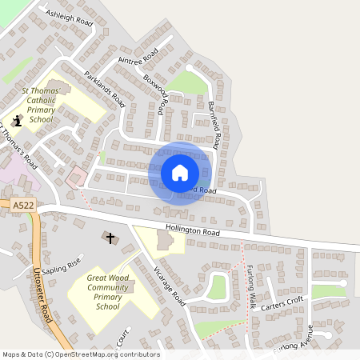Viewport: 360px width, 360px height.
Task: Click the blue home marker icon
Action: point(180,172)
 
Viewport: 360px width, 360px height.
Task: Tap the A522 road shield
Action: point(22,206)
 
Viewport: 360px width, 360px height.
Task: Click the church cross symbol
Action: point(110,238)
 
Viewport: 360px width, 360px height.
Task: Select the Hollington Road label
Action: point(192,230)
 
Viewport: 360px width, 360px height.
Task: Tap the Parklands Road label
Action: point(105,90)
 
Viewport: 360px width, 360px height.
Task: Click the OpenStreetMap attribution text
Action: point(80,354)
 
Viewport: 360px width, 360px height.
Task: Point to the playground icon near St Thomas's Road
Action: point(18,122)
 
